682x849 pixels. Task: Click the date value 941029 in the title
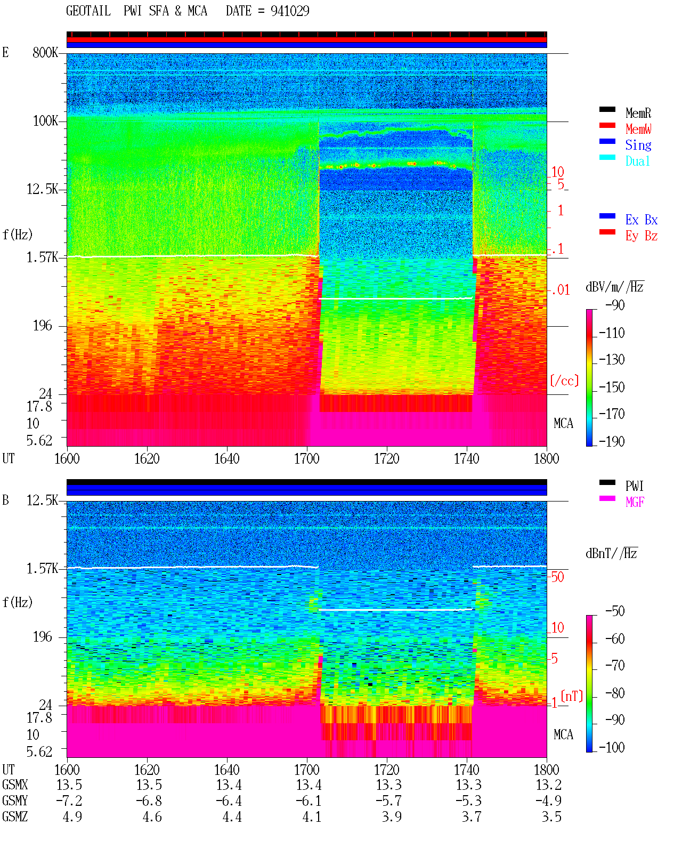tap(290, 11)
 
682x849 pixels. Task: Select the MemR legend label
tap(638, 113)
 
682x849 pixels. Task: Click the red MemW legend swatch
tap(607, 125)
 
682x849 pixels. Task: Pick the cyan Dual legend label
tap(638, 161)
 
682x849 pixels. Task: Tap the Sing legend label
tap(638, 145)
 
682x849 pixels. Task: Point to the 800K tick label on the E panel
tap(45, 52)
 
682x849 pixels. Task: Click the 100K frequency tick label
tap(45, 121)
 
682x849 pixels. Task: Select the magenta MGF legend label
tap(635, 502)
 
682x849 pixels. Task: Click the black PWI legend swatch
tap(607, 482)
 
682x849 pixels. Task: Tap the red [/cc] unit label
tap(564, 381)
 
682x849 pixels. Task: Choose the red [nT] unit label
tap(572, 696)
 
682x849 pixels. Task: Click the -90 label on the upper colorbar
tap(615, 305)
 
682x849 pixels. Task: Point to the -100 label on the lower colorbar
tap(612, 747)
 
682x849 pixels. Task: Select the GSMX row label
tap(15, 785)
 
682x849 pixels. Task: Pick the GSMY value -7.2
tap(69, 801)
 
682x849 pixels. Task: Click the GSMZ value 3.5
tap(551, 816)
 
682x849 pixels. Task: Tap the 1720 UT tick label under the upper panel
tap(387, 459)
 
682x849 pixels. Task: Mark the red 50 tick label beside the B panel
tap(557, 577)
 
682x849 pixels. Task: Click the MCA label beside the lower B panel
tap(563, 734)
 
